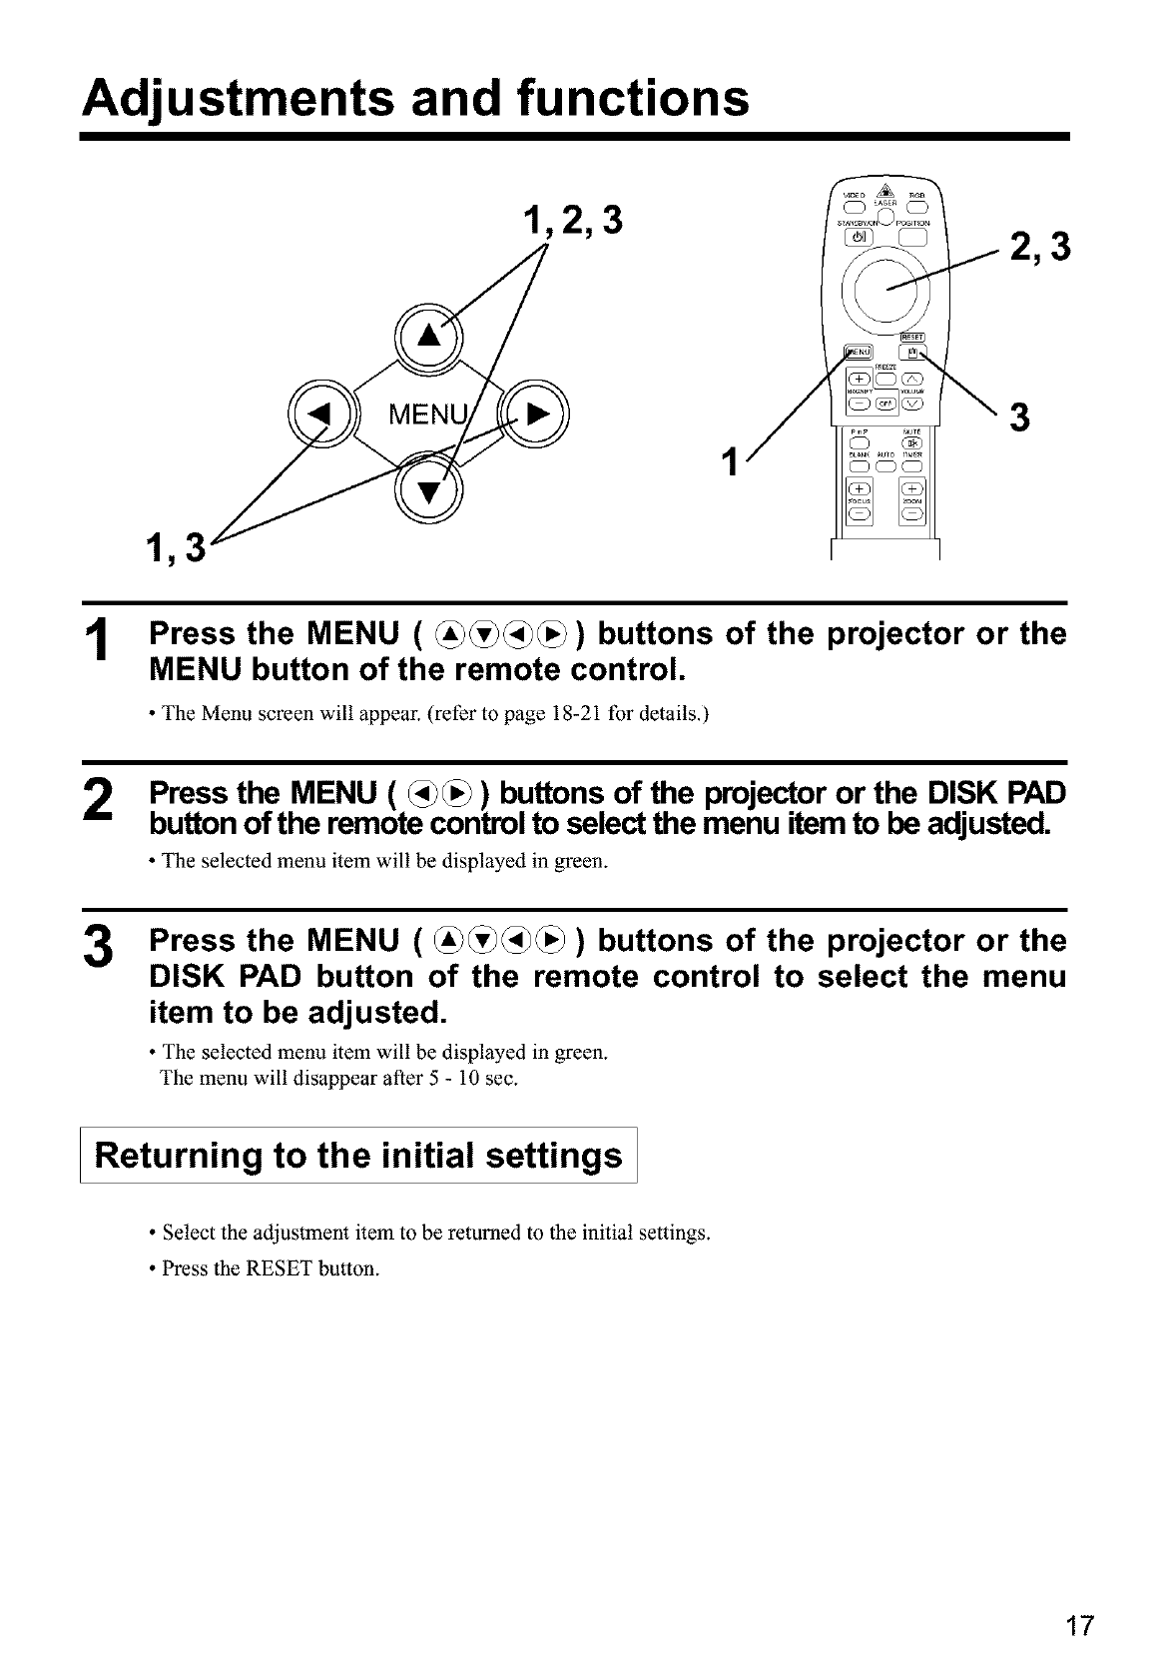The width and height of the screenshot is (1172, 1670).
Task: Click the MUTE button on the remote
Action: (911, 443)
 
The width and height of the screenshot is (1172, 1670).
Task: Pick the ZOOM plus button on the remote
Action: (912, 488)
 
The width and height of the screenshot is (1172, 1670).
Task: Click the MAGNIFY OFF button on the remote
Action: (885, 404)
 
